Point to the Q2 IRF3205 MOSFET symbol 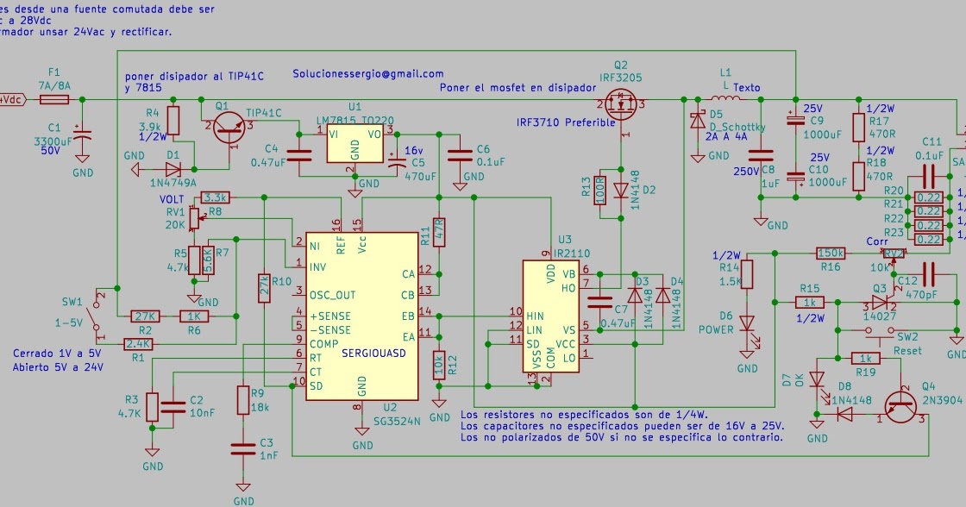621,105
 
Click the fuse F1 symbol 54,100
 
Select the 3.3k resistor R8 216,197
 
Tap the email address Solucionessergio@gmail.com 367,74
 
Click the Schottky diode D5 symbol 696,122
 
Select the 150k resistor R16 831,253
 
